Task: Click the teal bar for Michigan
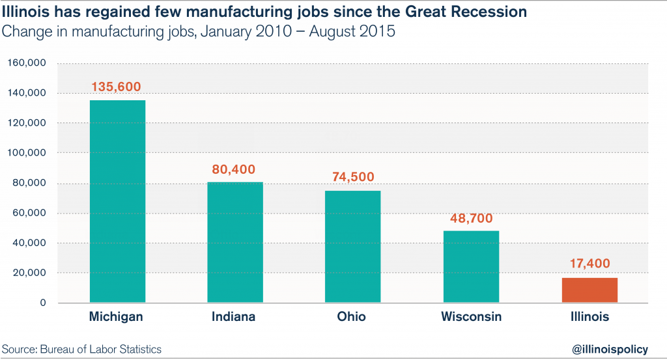click(117, 201)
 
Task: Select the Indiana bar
click(235, 242)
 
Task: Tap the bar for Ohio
click(352, 247)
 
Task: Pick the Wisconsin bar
click(471, 266)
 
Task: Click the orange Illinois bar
click(589, 290)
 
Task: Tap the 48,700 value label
click(471, 218)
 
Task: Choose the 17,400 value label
click(589, 265)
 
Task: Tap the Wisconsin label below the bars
click(471, 317)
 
